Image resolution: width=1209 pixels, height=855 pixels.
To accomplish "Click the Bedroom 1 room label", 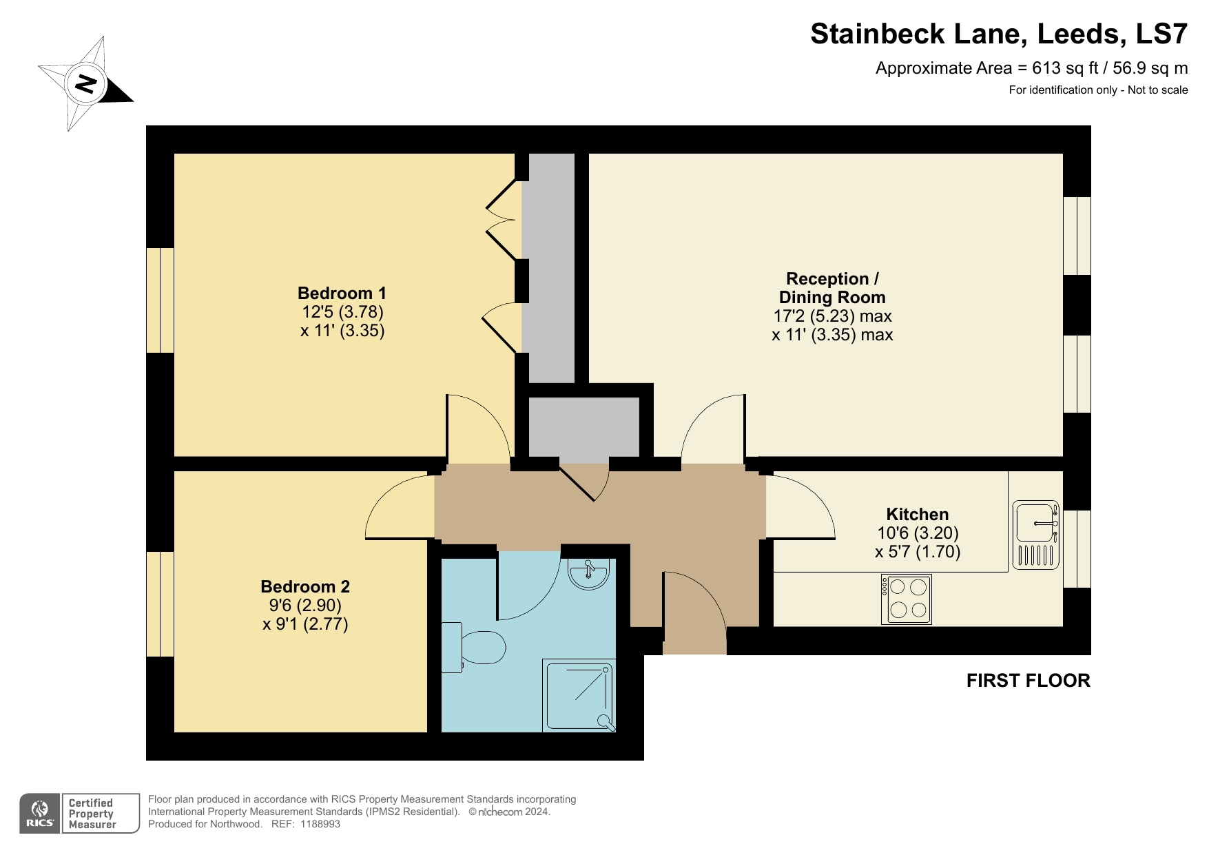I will [341, 293].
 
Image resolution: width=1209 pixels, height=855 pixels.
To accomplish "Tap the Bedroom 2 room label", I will [305, 586].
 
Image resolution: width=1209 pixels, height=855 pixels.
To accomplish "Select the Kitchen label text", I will [917, 514].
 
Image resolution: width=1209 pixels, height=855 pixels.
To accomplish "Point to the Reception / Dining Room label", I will [832, 288].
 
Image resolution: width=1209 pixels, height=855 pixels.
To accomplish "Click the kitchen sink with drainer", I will [1035, 535].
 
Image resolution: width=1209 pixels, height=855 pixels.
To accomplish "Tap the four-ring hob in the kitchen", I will [907, 599].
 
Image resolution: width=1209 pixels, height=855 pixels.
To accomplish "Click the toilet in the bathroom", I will [475, 647].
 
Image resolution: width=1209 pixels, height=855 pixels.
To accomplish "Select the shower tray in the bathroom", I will [578, 695].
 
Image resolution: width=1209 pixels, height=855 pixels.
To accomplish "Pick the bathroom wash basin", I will [588, 573].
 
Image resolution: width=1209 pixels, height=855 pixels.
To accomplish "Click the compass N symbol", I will [85, 84].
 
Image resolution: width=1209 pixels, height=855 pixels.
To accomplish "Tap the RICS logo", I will [40, 814].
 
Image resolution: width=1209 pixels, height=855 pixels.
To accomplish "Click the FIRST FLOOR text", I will [1028, 681].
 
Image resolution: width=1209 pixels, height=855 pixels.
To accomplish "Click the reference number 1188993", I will [320, 824].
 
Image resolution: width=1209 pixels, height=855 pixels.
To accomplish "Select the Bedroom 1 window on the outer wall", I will [160, 300].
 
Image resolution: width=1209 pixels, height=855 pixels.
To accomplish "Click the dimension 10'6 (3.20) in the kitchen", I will [918, 533].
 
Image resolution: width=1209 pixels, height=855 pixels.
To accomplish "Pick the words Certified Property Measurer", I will [92, 814].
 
